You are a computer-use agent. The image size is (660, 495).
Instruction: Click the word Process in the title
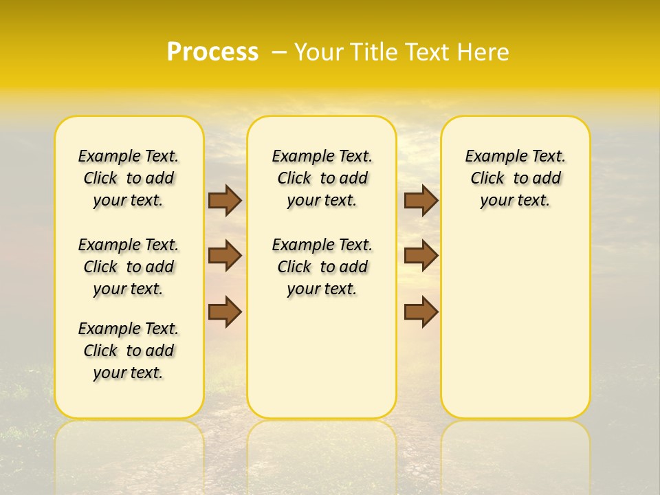tap(212, 52)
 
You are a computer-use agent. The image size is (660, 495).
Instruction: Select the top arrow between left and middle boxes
tap(225, 200)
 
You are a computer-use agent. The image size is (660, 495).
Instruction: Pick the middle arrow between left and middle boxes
tap(225, 256)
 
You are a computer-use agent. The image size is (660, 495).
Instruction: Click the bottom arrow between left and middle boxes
tap(225, 311)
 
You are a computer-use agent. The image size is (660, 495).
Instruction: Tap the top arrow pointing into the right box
tap(421, 200)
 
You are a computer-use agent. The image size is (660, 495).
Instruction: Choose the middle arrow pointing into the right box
tap(421, 256)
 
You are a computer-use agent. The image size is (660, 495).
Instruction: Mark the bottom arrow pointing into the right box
tap(421, 311)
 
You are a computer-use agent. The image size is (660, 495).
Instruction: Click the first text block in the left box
tap(129, 178)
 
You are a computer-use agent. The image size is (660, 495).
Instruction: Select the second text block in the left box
tap(129, 267)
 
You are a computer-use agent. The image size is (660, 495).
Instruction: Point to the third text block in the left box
tap(129, 351)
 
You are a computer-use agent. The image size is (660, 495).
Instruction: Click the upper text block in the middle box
tap(322, 178)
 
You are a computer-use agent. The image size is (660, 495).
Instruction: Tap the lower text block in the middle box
tap(322, 267)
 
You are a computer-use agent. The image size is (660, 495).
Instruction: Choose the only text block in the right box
tap(516, 178)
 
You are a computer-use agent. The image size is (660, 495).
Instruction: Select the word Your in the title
tap(319, 52)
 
